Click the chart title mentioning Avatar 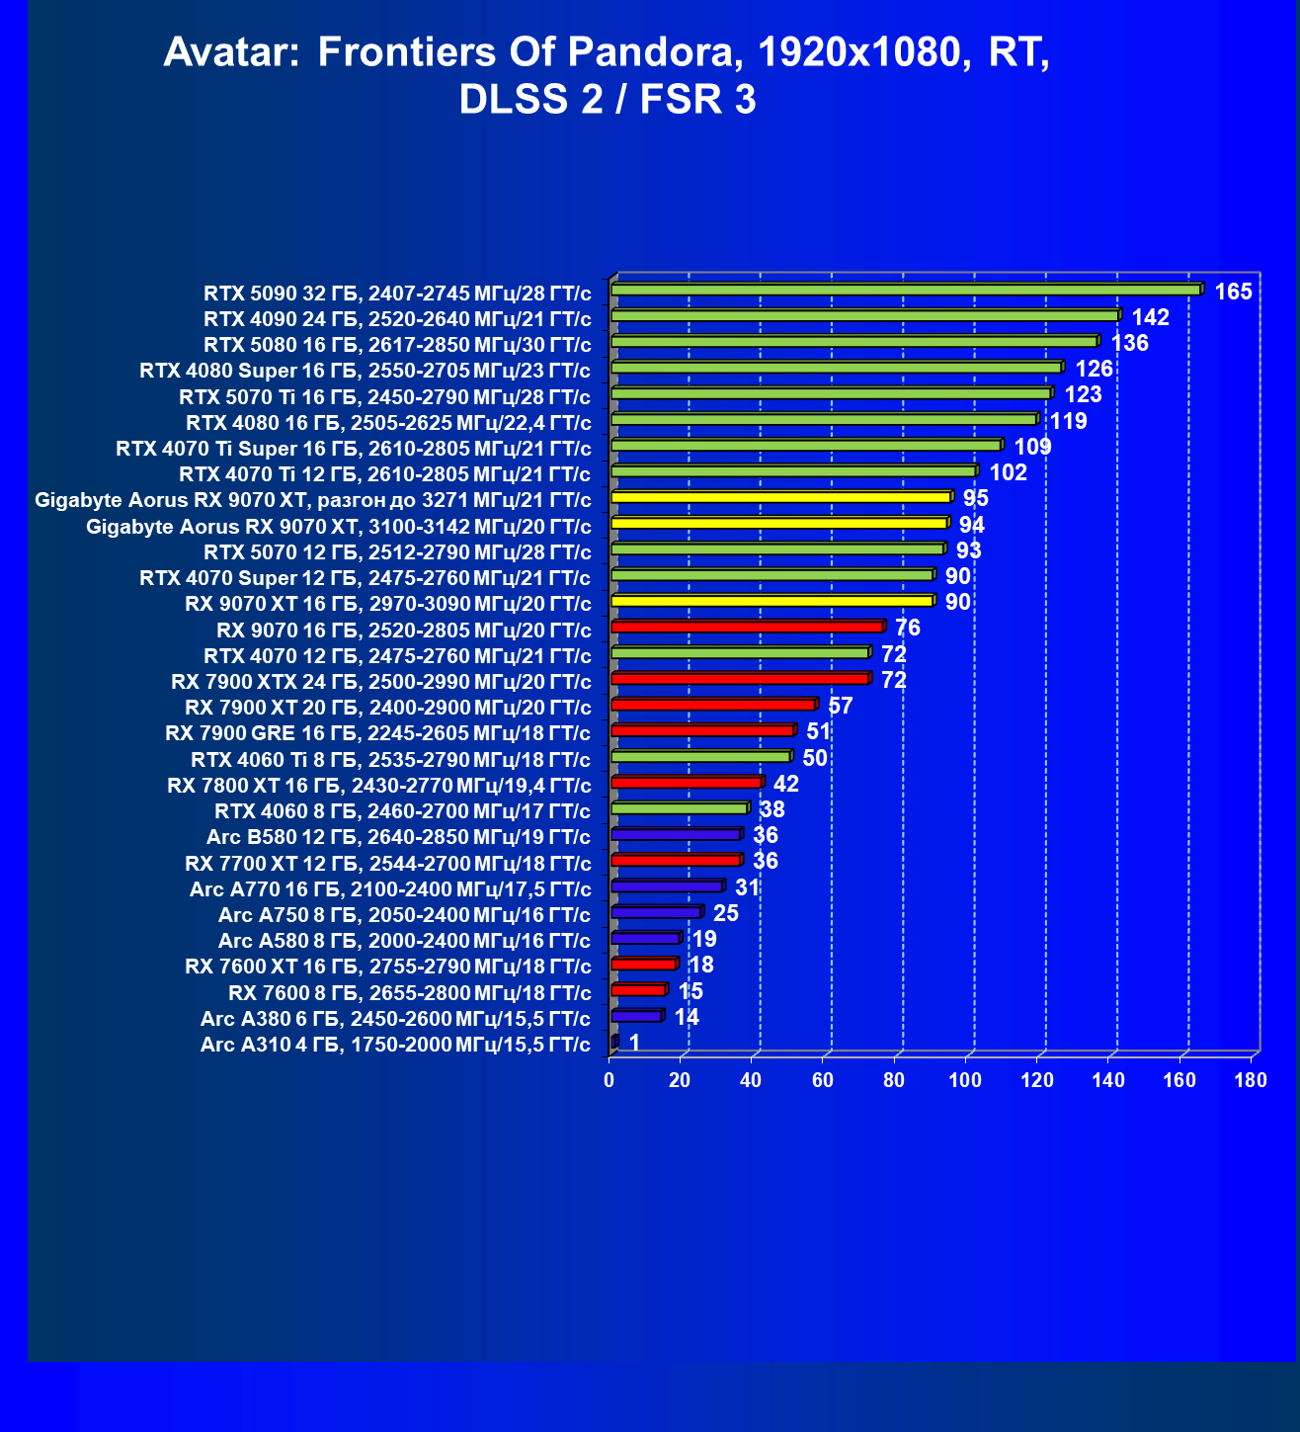pyautogui.click(x=607, y=75)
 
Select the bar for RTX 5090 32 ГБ pyautogui.click(x=906, y=290)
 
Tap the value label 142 pyautogui.click(x=1151, y=317)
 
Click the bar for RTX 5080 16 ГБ pyautogui.click(x=854, y=342)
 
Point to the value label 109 pyautogui.click(x=1032, y=447)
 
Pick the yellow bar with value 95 pyautogui.click(x=780, y=497)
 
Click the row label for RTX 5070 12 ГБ pyautogui.click(x=397, y=551)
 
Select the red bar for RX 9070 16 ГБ pyautogui.click(x=747, y=627)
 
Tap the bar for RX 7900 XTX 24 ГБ pyautogui.click(x=740, y=679)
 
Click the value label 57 pyautogui.click(x=840, y=706)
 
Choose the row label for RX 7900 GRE pyautogui.click(x=377, y=733)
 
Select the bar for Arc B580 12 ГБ pyautogui.click(x=676, y=835)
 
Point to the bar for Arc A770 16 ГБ pyautogui.click(x=667, y=886)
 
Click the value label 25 pyautogui.click(x=726, y=913)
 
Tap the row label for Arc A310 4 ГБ pyautogui.click(x=395, y=1045)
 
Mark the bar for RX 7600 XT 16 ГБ pyautogui.click(x=643, y=965)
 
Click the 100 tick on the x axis pyautogui.click(x=965, y=1080)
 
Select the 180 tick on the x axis pyautogui.click(x=1251, y=1080)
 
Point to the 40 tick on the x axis pyautogui.click(x=751, y=1080)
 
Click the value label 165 pyautogui.click(x=1233, y=292)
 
